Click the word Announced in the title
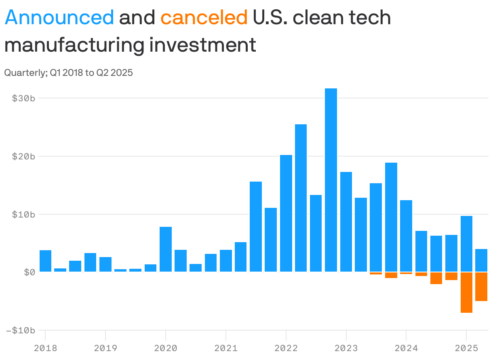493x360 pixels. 59,17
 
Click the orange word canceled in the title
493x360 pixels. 204,17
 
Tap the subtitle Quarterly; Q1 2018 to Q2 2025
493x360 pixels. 68,73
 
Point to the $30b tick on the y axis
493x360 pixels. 23,98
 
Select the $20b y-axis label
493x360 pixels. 23,156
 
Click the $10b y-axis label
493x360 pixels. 23,214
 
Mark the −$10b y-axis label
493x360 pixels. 21,330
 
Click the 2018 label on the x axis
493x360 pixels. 45,347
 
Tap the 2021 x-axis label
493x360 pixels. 225,347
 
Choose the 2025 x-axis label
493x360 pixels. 466,347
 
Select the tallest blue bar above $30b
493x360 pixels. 331,180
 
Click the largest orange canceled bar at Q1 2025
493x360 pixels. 466,293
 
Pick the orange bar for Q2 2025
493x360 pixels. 481,287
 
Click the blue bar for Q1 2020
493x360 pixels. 166,249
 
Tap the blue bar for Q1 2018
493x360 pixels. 45,261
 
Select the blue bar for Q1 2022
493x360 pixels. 286,213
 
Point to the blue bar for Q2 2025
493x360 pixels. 481,260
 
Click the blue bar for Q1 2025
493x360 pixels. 466,244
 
